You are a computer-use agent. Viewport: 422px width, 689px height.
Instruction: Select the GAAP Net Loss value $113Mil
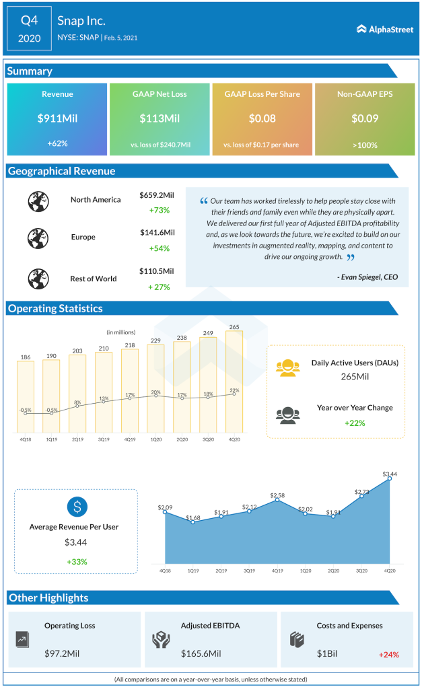[x=160, y=118]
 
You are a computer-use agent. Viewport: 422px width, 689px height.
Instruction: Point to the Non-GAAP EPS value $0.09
[x=365, y=118]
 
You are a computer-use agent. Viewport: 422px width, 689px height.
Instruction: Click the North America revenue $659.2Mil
[x=157, y=195]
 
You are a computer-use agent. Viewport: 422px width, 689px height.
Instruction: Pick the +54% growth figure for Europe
[x=160, y=248]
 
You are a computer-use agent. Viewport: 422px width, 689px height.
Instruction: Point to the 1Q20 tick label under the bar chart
[x=155, y=440]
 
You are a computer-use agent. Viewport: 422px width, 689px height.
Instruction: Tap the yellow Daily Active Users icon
[x=287, y=367]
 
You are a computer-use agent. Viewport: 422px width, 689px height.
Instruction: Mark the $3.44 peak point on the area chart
[x=390, y=479]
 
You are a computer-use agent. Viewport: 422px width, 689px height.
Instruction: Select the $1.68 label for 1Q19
[x=192, y=517]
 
